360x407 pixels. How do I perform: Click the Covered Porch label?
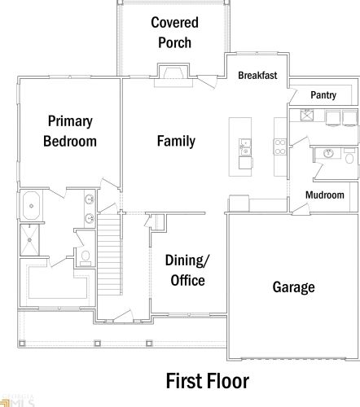pos(174,33)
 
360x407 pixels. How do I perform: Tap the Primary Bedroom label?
pos(70,131)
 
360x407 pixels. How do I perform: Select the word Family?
pos(176,141)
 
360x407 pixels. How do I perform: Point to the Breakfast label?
pos(257,75)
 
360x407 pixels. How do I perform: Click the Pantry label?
pos(323,95)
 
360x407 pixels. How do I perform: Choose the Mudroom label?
pos(325,195)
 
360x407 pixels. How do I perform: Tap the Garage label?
pos(293,287)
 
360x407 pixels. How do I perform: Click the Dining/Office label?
pos(187,270)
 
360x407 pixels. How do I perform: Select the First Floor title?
pos(208,381)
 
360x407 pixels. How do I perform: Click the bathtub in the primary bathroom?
pos(31,206)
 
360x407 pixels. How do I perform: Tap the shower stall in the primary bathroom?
pos(29,240)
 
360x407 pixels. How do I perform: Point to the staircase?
pos(109,255)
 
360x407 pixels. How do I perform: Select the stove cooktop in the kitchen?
pos(280,147)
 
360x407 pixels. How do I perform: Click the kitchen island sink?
pos(245,147)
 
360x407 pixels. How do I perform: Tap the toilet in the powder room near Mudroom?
pos(349,156)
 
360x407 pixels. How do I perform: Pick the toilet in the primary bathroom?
pos(86,257)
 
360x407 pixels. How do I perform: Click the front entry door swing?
pos(123,316)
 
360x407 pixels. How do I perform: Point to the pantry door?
pos(292,95)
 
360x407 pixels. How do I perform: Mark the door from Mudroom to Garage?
pos(301,209)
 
